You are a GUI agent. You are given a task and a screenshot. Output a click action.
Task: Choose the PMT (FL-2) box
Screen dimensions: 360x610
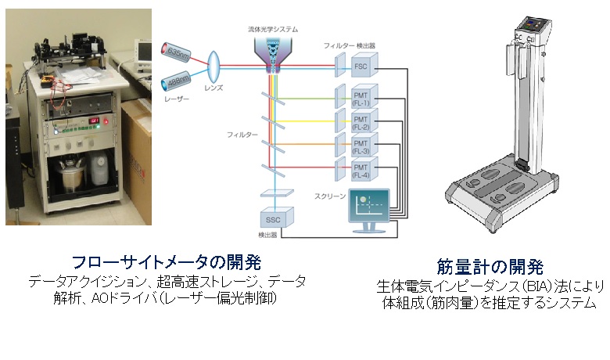pyautogui.click(x=360, y=122)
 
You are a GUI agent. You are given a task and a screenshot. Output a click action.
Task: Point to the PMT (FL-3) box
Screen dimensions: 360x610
pyautogui.click(x=360, y=146)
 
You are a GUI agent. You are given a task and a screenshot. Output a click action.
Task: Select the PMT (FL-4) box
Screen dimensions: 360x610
pyautogui.click(x=360, y=169)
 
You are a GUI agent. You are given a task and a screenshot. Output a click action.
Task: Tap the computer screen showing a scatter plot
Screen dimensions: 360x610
pyautogui.click(x=369, y=207)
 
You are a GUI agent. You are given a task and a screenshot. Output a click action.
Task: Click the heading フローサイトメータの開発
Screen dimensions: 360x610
pyautogui.click(x=167, y=261)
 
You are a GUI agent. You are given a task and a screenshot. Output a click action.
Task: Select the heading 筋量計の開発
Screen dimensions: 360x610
pyautogui.click(x=490, y=265)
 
